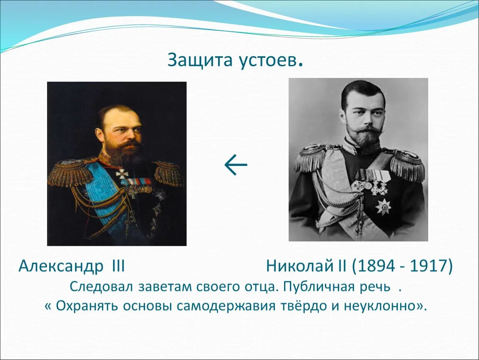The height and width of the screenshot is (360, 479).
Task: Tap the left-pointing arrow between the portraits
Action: click(236, 165)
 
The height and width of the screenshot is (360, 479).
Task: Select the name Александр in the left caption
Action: click(61, 267)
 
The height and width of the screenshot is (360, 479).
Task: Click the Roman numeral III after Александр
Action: click(119, 266)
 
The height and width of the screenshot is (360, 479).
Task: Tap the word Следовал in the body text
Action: click(101, 287)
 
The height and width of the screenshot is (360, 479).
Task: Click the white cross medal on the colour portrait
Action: click(122, 174)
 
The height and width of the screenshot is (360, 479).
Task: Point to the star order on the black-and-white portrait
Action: click(383, 207)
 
